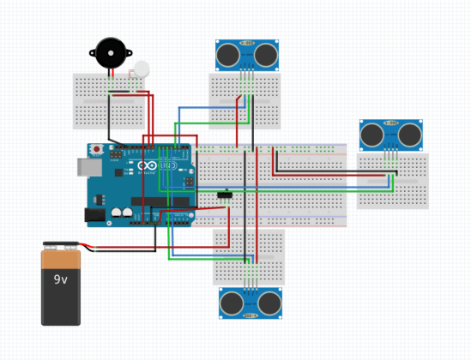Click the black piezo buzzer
[x=109, y=53]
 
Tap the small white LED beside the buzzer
[x=141, y=68]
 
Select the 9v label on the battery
[x=61, y=279]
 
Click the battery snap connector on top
[x=62, y=245]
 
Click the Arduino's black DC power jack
[x=94, y=215]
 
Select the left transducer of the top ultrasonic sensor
[x=228, y=55]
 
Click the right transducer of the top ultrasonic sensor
[x=266, y=55]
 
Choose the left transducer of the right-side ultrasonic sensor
[x=372, y=135]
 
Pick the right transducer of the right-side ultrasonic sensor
[x=410, y=135]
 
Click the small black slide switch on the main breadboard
[x=226, y=195]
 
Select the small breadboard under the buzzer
[x=108, y=101]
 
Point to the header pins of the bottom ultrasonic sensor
[x=251, y=282]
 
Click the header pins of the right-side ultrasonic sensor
[x=391, y=154]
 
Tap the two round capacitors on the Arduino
[x=121, y=213]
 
